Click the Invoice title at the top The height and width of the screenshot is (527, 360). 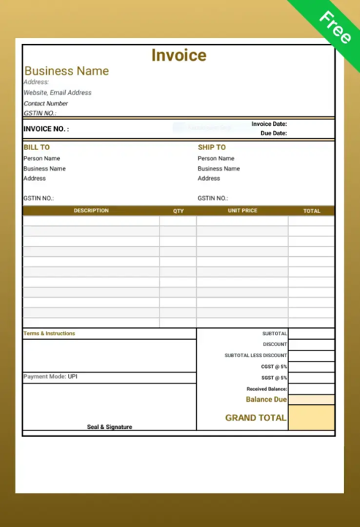tap(179, 56)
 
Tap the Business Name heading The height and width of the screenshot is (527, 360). tap(67, 71)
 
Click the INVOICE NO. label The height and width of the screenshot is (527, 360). tap(46, 129)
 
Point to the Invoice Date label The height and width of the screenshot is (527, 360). tap(269, 124)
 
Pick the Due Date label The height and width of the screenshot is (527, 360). tap(274, 133)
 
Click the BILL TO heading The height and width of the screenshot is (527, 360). tap(37, 147)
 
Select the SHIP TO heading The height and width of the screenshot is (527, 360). tap(211, 147)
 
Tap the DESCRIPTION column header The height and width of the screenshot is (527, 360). tap(91, 211)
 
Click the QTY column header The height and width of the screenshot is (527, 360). tap(179, 211)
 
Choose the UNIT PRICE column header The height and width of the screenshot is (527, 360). tap(242, 211)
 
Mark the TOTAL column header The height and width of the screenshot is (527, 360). tap(312, 211)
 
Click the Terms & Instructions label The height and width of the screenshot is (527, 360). tap(49, 334)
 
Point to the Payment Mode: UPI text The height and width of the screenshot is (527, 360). tap(50, 377)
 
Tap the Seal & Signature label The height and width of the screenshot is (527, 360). tap(110, 427)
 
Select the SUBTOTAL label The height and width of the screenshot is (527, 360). tap(274, 334)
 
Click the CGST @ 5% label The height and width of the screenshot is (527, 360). tap(274, 367)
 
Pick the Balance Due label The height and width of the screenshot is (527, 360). tap(266, 400)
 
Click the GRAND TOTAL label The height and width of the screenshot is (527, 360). tap(256, 418)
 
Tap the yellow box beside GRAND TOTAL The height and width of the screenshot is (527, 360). tap(311, 418)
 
